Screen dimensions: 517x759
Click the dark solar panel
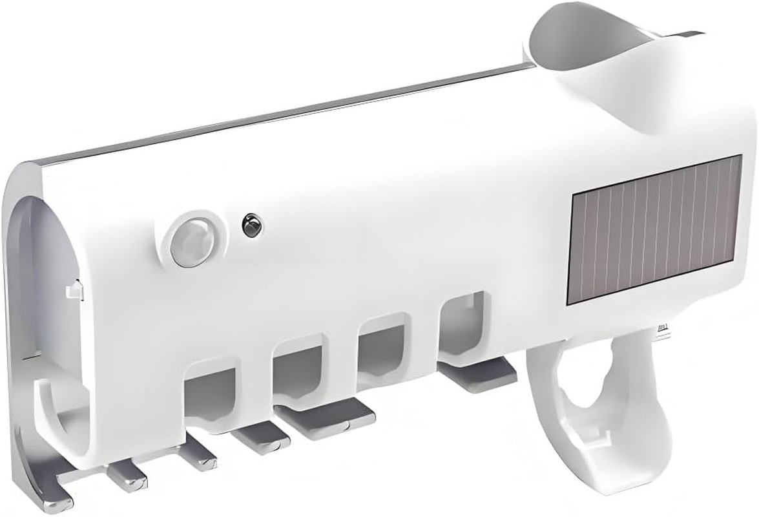[654, 230]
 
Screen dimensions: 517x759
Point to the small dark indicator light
[249, 226]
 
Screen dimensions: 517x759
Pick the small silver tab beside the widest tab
[262, 439]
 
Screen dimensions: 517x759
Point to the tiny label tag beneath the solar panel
[662, 329]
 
